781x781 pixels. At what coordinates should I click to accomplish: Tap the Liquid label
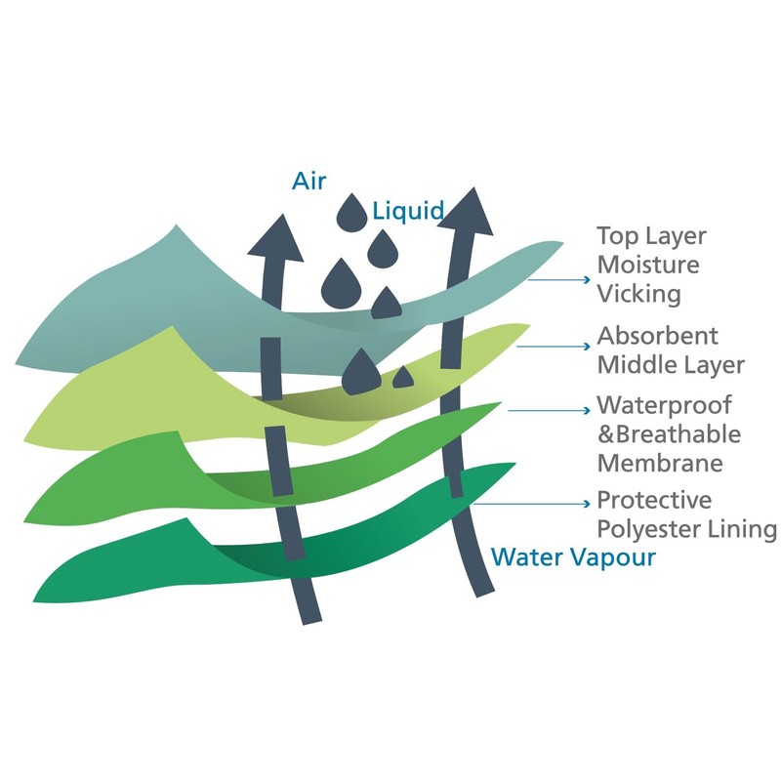coord(408,210)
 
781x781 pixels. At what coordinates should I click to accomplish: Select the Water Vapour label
coord(573,557)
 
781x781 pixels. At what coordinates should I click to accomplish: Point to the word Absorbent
coord(657,336)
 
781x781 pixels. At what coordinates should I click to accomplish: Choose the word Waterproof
coord(663,404)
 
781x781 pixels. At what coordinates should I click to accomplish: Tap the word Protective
coord(654,501)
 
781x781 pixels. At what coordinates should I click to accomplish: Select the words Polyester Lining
coord(687,530)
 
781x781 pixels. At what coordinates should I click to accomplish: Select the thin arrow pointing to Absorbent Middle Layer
coord(553,346)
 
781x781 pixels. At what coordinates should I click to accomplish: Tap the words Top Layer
coord(651,236)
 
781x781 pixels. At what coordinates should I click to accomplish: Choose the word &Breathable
coord(669,433)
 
